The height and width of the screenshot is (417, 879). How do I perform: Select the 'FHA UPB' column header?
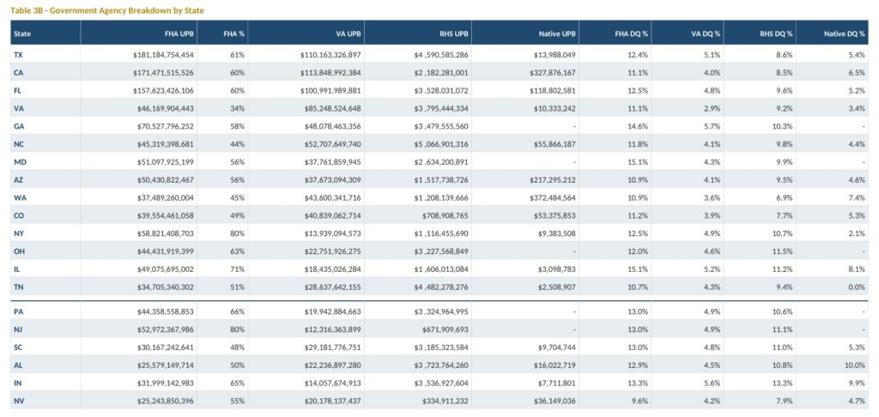click(x=180, y=33)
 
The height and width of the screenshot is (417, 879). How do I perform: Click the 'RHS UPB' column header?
click(x=454, y=33)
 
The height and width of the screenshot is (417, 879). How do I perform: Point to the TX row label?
click(x=18, y=55)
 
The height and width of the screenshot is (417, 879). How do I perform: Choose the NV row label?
click(x=19, y=401)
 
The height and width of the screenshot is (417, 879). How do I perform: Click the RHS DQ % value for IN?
click(x=784, y=383)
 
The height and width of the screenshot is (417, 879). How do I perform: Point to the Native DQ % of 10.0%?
click(x=856, y=365)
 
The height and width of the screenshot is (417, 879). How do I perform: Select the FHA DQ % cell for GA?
click(x=640, y=127)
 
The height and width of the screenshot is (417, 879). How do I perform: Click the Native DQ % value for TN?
click(x=858, y=287)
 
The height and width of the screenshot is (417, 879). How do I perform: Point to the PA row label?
click(x=18, y=311)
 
